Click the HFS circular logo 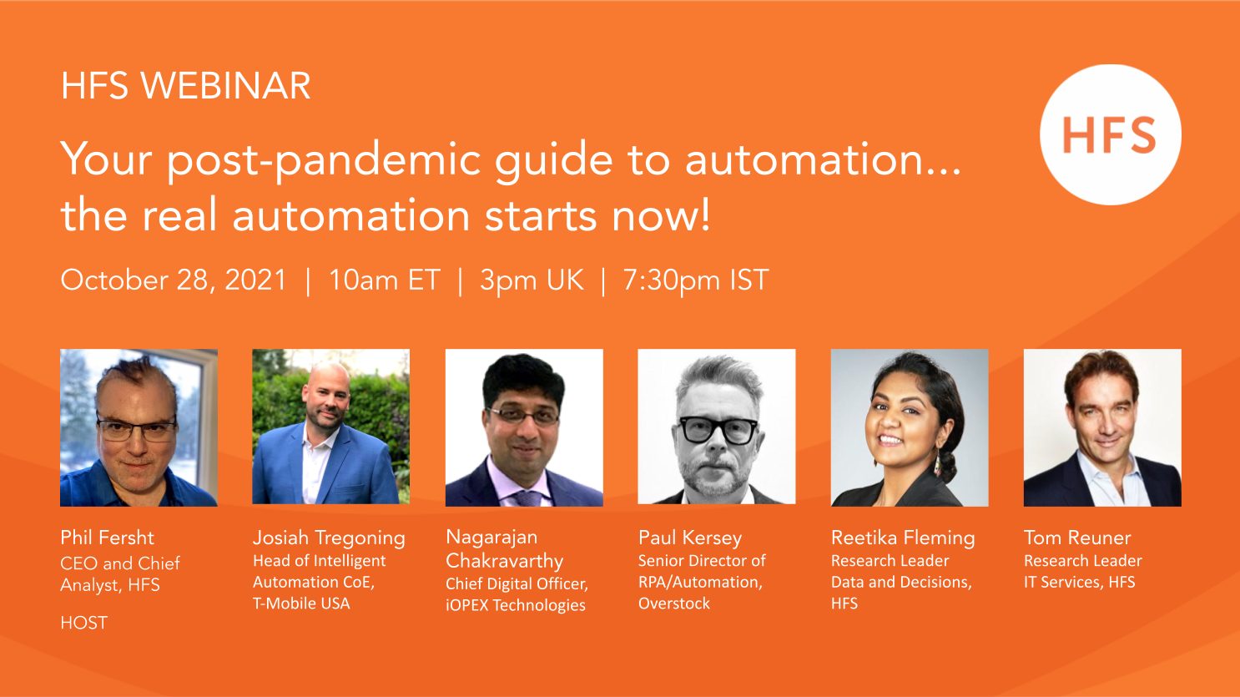(1111, 134)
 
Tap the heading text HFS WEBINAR (185, 86)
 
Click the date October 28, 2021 (174, 280)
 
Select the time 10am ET (385, 280)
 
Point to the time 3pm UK (532, 280)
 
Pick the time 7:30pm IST (696, 280)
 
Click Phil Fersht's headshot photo (139, 427)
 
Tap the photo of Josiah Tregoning (331, 427)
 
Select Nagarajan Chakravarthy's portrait (524, 427)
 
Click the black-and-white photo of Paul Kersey (717, 427)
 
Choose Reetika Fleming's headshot (910, 427)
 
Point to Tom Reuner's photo (1102, 427)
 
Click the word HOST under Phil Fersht (83, 623)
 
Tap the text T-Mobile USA (301, 603)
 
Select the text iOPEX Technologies (516, 605)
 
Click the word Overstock (673, 603)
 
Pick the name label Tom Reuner (1077, 538)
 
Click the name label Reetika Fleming (903, 538)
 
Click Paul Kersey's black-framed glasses (718, 430)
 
